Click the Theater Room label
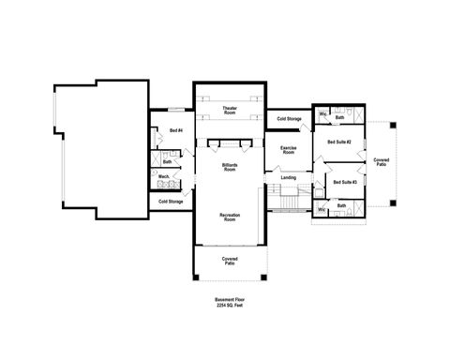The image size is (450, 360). [230, 112]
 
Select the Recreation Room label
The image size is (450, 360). [230, 217]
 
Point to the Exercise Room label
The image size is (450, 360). [289, 150]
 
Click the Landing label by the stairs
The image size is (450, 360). [289, 176]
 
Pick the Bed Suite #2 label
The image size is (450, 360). [338, 142]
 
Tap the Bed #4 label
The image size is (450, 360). [175, 130]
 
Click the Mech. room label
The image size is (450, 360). [162, 176]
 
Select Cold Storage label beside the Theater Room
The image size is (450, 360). [289, 119]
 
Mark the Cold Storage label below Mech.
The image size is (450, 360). [170, 201]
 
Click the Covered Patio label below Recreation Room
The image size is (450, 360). [230, 261]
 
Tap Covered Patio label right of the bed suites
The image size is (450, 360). [381, 163]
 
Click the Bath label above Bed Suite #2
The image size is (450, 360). [339, 117]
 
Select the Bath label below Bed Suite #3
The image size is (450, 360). [340, 205]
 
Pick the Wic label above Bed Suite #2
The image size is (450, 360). [322, 114]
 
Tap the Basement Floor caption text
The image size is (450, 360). [229, 301]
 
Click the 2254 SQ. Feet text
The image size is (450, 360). [229, 307]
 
